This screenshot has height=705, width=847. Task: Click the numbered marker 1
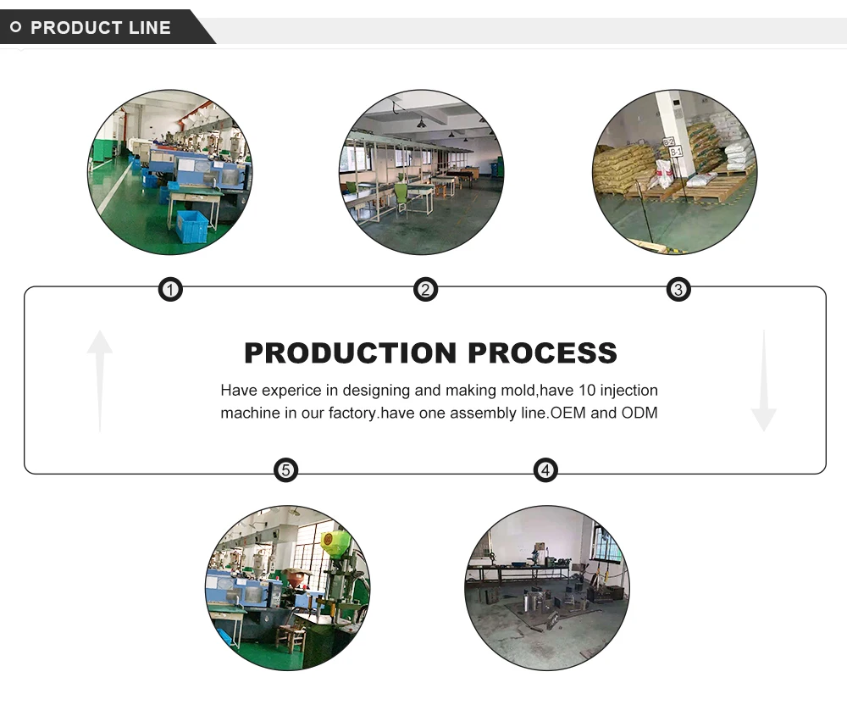(x=171, y=291)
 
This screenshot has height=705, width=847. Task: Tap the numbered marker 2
(x=425, y=291)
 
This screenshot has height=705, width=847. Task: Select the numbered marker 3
(x=678, y=291)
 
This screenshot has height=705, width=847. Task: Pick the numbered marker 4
(x=546, y=470)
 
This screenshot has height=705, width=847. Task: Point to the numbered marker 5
(x=286, y=470)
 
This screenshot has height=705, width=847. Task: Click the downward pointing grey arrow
(x=763, y=381)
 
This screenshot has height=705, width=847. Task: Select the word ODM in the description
(x=639, y=414)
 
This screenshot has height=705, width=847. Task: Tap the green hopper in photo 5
(x=335, y=543)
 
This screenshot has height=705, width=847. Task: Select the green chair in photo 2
(x=401, y=194)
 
